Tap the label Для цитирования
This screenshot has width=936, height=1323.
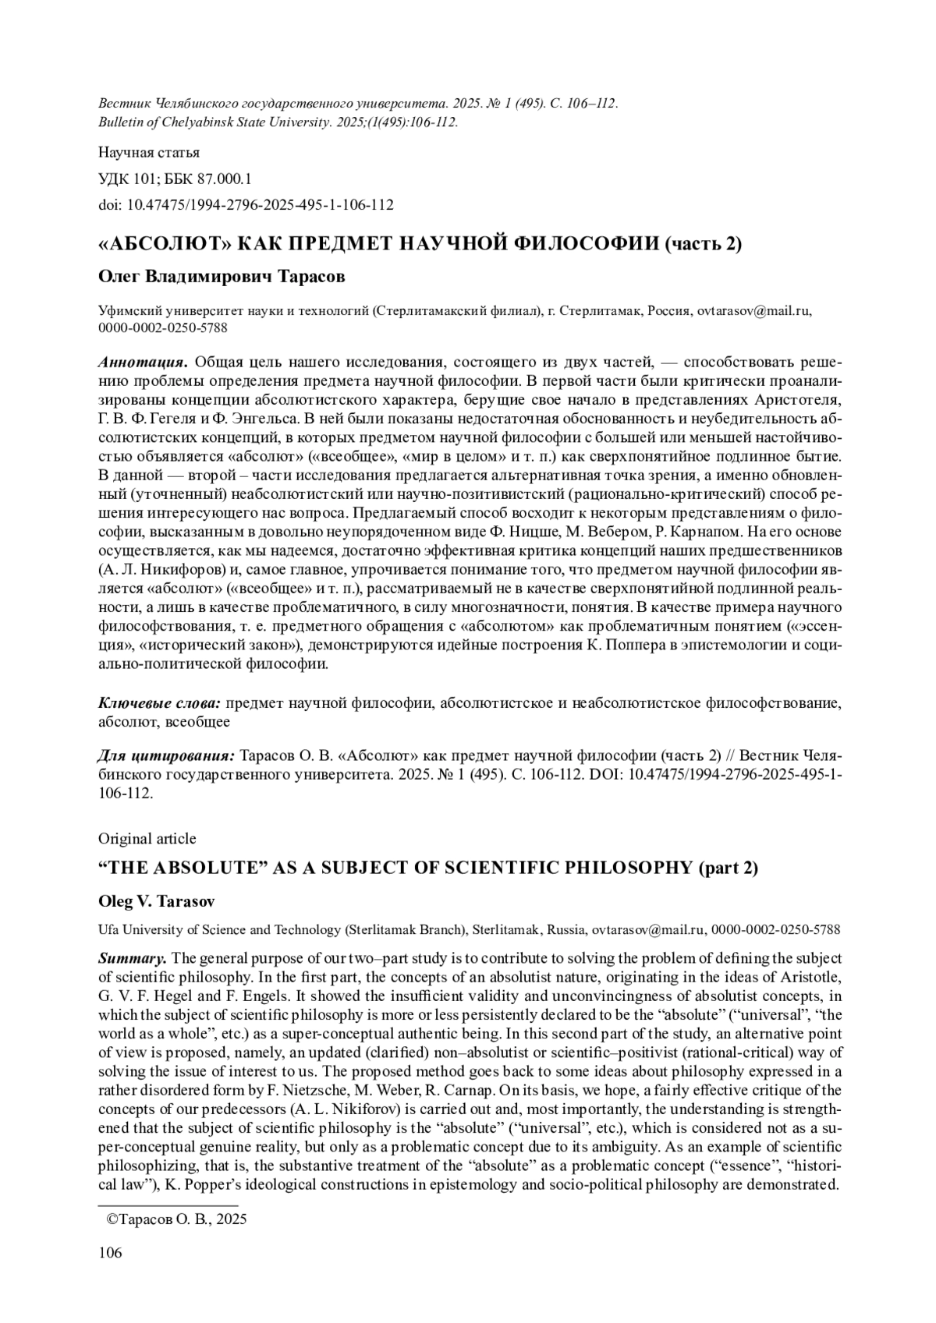(166, 756)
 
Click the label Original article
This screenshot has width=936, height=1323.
(147, 839)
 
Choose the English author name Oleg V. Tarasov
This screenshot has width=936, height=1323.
(157, 901)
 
